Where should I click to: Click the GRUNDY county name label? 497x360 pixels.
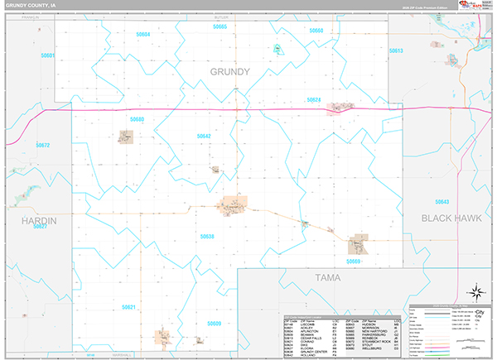[229, 72]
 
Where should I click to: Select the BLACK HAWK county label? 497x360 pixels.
[451, 218]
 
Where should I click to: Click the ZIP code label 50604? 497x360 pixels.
[143, 34]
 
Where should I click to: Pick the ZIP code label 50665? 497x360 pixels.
[220, 27]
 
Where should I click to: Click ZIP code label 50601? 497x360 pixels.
[47, 55]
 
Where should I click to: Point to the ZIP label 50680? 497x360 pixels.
[137, 120]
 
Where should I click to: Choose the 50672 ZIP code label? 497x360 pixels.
[43, 146]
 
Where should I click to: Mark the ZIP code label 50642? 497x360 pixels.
[204, 136]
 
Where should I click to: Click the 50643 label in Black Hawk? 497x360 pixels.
[442, 201]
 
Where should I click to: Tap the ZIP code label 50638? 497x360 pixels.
[207, 236]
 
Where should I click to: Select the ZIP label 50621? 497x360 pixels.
[128, 307]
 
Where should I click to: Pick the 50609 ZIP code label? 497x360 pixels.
[214, 323]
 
